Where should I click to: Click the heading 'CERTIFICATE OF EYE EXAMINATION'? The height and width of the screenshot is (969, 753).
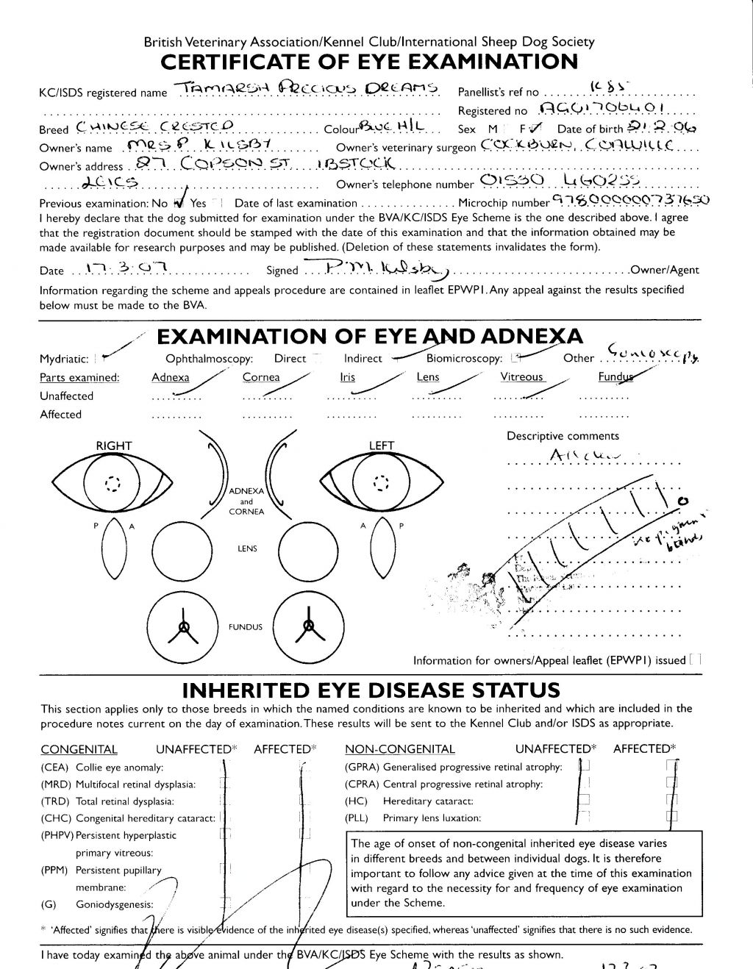(x=368, y=62)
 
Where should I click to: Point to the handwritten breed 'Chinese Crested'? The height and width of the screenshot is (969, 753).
(x=154, y=128)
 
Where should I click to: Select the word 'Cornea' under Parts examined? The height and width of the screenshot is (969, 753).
(x=261, y=377)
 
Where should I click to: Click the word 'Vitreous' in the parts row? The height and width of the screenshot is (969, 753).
(x=521, y=377)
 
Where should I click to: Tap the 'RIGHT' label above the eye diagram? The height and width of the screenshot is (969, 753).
(x=114, y=446)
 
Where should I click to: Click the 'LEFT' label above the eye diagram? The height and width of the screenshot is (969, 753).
(x=382, y=446)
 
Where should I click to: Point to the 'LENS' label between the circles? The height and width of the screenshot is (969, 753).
(x=247, y=548)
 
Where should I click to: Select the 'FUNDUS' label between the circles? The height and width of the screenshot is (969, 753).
(x=246, y=627)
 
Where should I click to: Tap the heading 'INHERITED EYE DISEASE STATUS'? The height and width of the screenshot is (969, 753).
(x=371, y=690)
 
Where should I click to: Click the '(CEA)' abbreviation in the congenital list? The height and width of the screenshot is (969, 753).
(x=55, y=767)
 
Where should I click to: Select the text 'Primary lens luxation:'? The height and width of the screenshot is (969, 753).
(x=432, y=818)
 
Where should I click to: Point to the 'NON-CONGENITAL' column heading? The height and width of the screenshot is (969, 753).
(x=400, y=749)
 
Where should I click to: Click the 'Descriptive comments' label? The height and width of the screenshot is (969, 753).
(x=563, y=436)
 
